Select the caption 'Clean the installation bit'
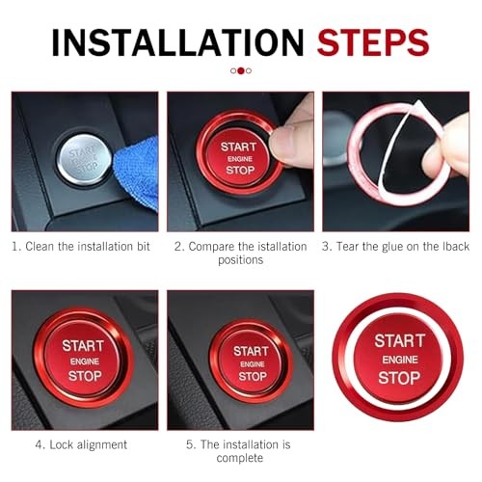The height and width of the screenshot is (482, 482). (x=81, y=247)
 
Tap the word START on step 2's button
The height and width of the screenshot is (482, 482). (x=239, y=147)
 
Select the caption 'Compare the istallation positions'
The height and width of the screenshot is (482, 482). (x=240, y=254)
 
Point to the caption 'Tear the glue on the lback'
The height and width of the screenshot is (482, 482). (x=401, y=247)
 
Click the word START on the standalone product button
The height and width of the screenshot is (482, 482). (x=399, y=341)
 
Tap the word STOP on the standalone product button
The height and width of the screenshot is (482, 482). (x=399, y=378)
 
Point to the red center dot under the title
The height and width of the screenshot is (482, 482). (x=240, y=70)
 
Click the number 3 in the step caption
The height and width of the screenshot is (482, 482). (x=327, y=247)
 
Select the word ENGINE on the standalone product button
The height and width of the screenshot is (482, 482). (x=399, y=360)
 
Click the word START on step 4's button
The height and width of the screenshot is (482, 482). (x=83, y=345)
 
